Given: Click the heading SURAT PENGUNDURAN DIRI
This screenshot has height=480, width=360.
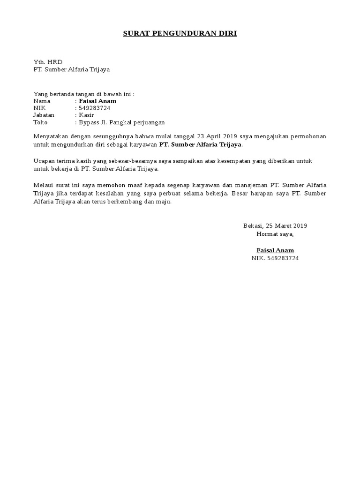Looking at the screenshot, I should point(180,33).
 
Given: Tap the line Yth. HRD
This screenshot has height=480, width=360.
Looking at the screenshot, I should point(48,62).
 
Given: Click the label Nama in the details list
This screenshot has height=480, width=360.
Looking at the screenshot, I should point(42,101).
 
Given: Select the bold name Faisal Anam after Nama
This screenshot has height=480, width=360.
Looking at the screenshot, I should point(97,101).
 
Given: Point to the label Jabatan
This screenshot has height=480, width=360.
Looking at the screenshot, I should point(44,115).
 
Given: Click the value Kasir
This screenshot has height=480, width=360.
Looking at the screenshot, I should point(86,115).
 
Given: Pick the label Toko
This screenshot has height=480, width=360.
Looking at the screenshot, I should point(41,122).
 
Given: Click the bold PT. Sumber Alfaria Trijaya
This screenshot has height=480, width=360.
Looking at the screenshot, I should point(200,145).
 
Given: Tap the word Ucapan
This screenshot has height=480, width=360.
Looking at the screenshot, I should point(44,161).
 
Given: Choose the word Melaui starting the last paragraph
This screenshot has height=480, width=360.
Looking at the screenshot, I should point(43,185).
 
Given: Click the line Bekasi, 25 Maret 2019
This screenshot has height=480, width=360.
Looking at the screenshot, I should point(275,226).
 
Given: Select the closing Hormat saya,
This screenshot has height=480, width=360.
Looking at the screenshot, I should point(275,233).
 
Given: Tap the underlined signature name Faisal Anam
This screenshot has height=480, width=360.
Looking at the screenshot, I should point(275,250).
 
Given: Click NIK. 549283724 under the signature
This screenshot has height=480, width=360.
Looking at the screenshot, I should point(275,258).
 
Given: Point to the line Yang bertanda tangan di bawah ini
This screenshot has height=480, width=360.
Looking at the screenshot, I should point(84,94).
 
